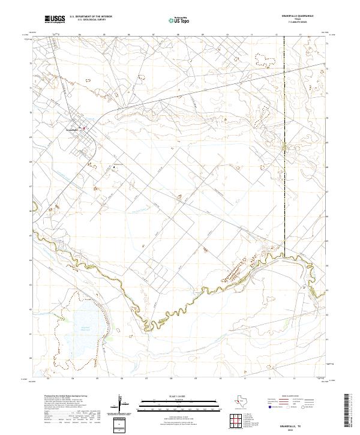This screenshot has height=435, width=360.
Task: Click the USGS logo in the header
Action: (x=55, y=19)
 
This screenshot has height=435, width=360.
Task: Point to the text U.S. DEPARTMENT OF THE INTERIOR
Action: (x=91, y=17)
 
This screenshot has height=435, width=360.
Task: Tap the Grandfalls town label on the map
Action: (x=73, y=127)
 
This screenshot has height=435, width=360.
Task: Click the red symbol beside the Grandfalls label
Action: (x=85, y=127)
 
